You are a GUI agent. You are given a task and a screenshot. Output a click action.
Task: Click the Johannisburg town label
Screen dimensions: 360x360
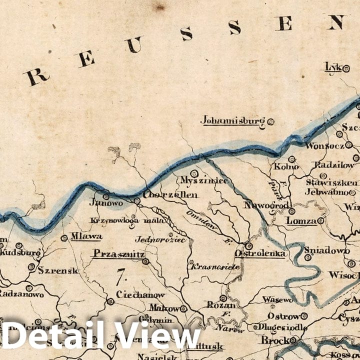click(233, 120)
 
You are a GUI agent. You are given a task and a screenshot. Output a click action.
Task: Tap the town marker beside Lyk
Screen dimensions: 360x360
click(346, 69)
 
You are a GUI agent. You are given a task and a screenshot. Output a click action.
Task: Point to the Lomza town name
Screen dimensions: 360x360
click(301, 221)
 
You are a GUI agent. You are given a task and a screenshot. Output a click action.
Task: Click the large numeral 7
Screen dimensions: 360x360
click(120, 274)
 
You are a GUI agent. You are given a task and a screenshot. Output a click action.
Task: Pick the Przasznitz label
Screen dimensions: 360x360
click(117, 254)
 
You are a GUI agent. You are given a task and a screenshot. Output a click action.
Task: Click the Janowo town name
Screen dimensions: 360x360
click(105, 203)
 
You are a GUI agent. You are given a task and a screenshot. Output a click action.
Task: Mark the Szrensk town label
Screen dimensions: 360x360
click(58, 271)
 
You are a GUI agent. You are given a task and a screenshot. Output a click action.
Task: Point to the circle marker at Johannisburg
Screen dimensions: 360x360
click(271, 121)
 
